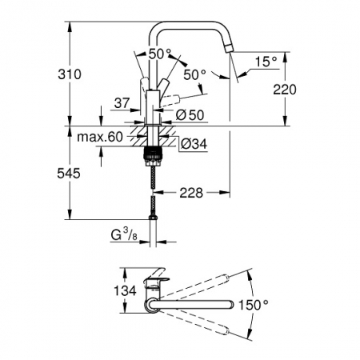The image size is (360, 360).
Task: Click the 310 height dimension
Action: tap(70, 74)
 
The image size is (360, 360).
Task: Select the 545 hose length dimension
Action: tap(69, 174)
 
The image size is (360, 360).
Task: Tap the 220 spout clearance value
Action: tap(285, 90)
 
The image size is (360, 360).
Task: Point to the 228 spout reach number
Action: tap(191, 193)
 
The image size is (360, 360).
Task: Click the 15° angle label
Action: tap(266, 62)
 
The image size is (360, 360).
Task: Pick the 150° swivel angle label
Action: tap(254, 305)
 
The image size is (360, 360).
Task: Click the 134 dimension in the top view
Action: tap(125, 290)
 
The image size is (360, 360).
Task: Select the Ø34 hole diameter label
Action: tap(194, 144)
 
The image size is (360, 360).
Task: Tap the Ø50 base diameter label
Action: tap(190, 115)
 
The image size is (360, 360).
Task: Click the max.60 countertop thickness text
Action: tap(100, 137)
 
